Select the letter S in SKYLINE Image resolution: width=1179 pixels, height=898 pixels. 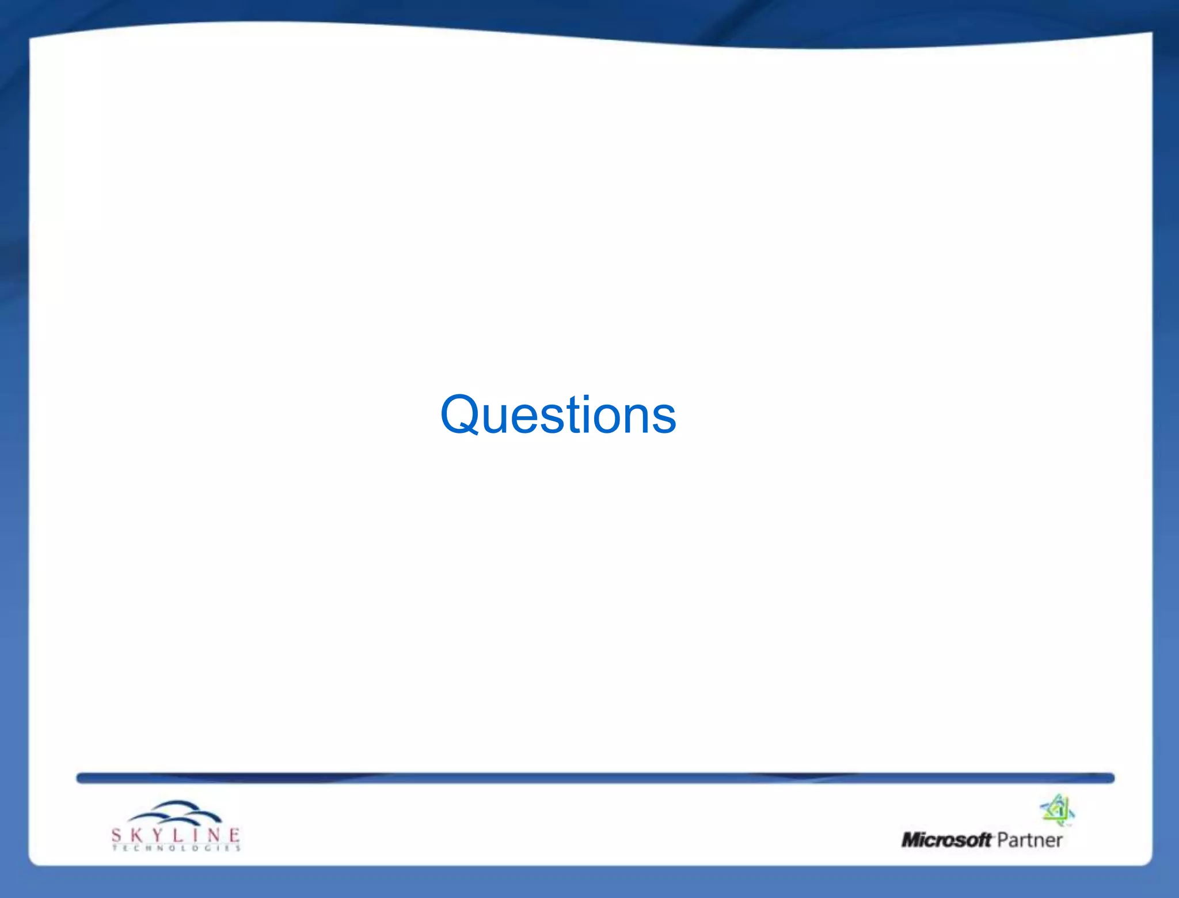pyautogui.click(x=117, y=835)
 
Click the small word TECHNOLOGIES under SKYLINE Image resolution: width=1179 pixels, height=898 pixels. pyautogui.click(x=176, y=848)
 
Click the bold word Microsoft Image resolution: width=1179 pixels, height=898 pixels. pyautogui.click(x=946, y=840)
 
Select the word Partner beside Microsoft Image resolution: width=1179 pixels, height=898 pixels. pyautogui.click(x=1029, y=840)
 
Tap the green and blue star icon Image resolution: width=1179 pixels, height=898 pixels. pyautogui.click(x=1058, y=810)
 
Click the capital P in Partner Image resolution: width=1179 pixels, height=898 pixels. pyautogui.click(x=1003, y=840)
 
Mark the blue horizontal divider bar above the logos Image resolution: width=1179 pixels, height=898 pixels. pyautogui.click(x=595, y=778)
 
